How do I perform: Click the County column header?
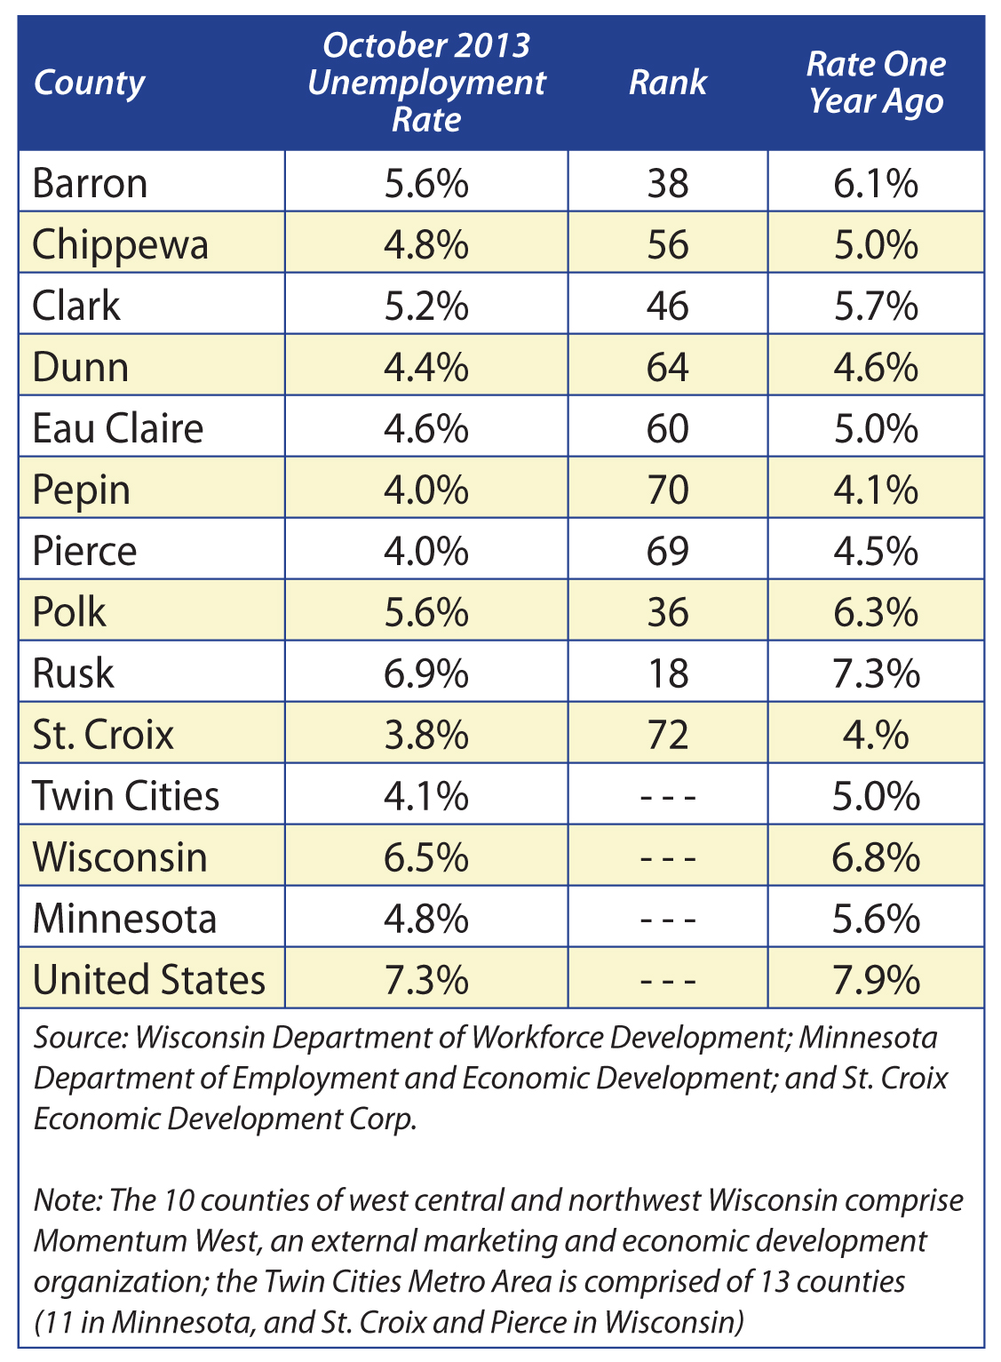90,84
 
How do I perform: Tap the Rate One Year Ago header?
876,83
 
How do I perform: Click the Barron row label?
90,183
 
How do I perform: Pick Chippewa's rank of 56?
667,244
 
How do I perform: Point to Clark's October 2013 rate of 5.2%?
426,306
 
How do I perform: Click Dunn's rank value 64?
667,367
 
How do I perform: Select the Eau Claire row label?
118,428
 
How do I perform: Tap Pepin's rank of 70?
667,490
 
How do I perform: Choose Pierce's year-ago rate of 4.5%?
876,551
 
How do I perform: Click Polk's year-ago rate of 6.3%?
876,611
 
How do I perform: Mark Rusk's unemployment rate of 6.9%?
426,673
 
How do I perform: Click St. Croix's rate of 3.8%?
426,735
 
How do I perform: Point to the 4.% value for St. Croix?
876,735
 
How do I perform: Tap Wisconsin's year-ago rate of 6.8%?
876,857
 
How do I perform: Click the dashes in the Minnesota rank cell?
667,919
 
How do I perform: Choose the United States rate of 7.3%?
426,980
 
